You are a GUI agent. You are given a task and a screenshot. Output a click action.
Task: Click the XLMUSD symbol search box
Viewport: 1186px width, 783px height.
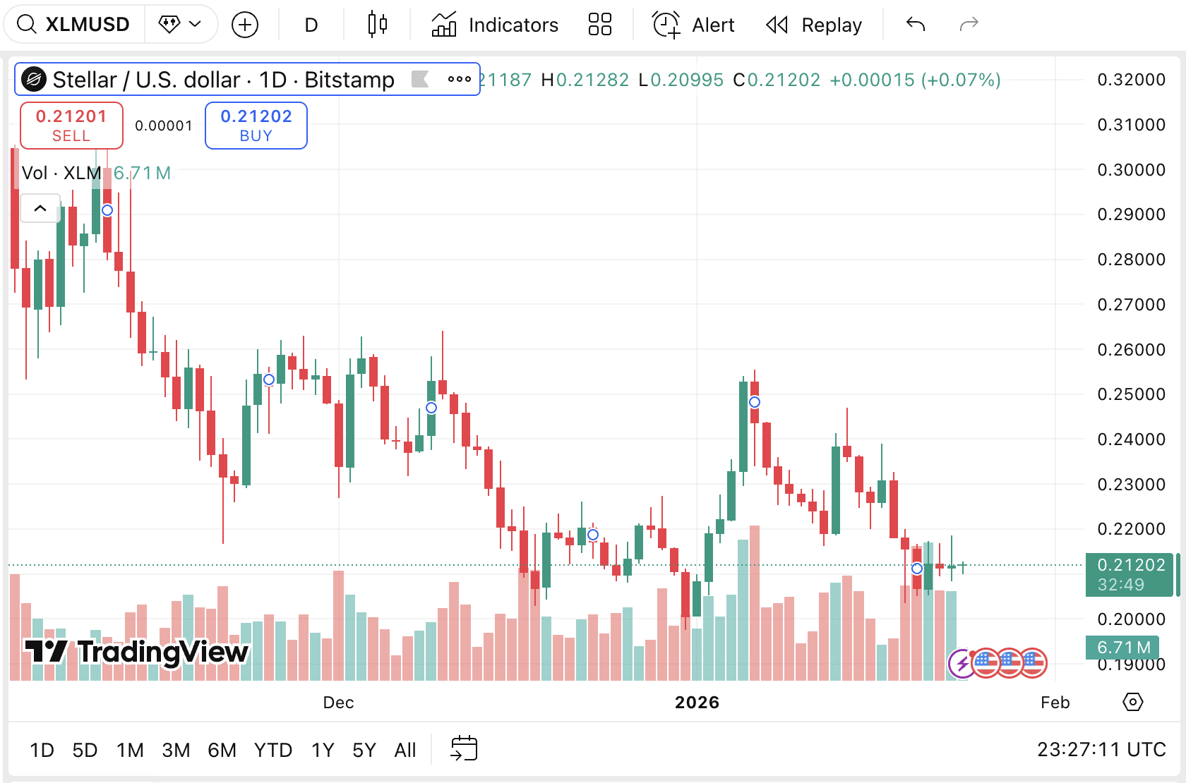74,25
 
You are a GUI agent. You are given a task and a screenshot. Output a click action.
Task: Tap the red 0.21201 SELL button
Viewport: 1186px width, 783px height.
71,126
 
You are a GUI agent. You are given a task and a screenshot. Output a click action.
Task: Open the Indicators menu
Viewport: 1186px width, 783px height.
495,25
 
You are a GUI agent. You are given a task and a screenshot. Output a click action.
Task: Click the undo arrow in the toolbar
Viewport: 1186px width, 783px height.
916,25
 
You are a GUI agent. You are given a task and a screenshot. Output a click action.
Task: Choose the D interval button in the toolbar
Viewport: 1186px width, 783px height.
311,25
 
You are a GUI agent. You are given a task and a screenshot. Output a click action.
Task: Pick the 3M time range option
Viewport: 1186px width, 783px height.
176,750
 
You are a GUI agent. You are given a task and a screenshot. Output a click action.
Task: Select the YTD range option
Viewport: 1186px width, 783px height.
273,750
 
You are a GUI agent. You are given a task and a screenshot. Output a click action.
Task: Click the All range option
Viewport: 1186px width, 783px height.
405,750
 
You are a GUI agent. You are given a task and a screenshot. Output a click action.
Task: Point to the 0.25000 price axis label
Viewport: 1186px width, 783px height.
1131,394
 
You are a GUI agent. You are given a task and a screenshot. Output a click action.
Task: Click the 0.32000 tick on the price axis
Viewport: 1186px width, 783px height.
1131,80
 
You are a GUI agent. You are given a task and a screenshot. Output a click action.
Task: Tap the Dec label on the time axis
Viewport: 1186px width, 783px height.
338,703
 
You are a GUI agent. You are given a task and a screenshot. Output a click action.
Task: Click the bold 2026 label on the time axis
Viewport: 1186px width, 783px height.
697,703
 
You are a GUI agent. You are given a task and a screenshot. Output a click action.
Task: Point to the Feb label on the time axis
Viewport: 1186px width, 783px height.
1055,703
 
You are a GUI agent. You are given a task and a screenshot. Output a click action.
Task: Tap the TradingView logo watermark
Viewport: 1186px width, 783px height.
136,652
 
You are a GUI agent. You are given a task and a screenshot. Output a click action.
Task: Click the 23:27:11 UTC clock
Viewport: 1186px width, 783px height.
1101,749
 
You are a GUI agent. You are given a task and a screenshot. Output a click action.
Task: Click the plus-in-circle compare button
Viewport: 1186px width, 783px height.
245,25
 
